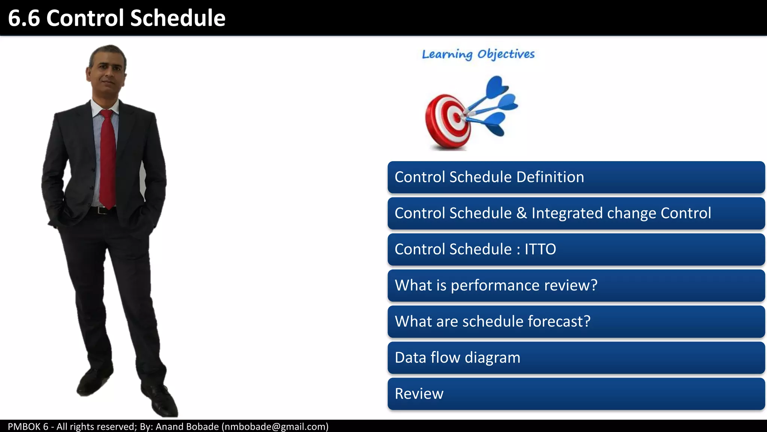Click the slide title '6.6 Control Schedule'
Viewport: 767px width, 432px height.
click(116, 18)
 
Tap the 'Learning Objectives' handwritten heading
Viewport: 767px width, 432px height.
click(478, 54)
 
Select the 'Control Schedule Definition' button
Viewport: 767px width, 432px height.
click(576, 177)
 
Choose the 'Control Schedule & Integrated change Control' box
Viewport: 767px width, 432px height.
click(576, 213)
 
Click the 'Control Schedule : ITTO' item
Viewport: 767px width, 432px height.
click(576, 249)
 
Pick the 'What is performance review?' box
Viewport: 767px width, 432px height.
click(576, 285)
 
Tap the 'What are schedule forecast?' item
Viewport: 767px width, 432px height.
click(576, 322)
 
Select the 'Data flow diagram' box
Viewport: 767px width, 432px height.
click(576, 358)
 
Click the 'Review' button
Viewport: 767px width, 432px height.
click(576, 394)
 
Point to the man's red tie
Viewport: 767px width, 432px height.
click(107, 157)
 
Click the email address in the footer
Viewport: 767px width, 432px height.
click(275, 427)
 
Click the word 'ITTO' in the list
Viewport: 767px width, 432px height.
click(540, 249)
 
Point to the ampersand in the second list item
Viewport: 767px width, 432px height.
click(521, 213)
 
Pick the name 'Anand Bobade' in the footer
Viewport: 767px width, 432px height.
click(187, 427)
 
